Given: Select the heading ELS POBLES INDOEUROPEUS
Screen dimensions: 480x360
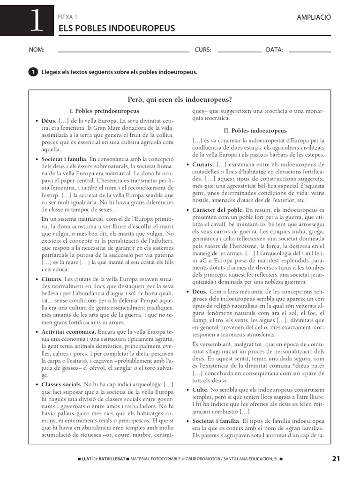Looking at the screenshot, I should [x=116, y=29].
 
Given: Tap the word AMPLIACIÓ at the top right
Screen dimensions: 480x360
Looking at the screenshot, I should [x=314, y=17].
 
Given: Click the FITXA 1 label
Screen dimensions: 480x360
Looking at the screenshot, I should [x=67, y=17].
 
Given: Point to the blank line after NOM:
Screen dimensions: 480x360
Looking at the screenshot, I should [x=123, y=50].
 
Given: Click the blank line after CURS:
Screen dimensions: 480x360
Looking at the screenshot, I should [x=240, y=50].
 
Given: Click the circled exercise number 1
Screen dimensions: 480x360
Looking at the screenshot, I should [x=33, y=72].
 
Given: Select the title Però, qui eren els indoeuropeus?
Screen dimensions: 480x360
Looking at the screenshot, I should [x=180, y=99].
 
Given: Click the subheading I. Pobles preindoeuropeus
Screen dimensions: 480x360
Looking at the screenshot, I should [x=104, y=111].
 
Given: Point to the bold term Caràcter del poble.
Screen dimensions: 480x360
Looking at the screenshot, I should [x=218, y=210].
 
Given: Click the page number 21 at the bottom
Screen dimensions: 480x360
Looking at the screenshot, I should [x=336, y=459].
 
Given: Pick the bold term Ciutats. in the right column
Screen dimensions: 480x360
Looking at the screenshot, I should [x=203, y=165].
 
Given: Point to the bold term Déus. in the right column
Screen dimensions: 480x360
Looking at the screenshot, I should [x=200, y=291].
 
